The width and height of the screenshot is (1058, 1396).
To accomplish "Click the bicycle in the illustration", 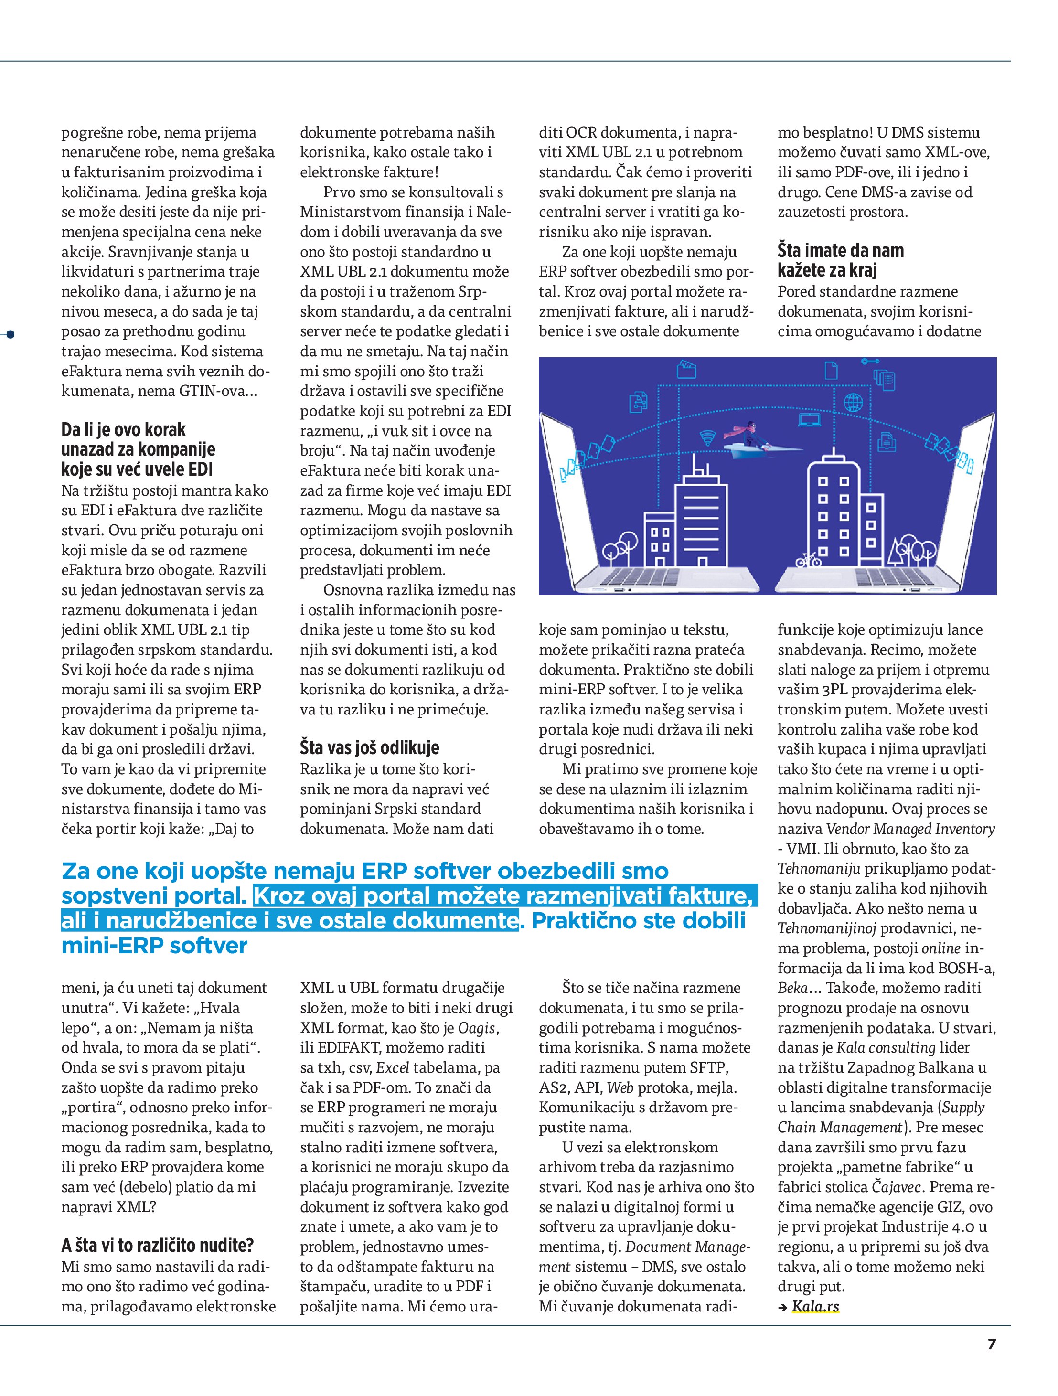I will [808, 559].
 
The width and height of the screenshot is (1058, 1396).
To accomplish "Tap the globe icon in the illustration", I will [853, 401].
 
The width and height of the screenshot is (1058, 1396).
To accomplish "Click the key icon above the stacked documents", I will [870, 361].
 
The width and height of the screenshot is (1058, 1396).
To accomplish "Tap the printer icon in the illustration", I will [887, 442].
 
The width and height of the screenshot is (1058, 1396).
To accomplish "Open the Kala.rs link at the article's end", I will [816, 1306].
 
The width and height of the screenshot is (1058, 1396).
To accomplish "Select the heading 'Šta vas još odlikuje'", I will [369, 748].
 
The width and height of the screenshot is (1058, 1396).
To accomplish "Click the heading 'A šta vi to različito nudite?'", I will [157, 1245].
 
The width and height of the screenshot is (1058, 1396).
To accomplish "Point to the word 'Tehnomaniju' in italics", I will [819, 869].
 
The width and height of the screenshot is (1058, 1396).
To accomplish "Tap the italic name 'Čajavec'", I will [897, 1187].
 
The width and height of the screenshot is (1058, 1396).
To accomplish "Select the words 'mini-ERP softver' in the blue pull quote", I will [155, 946].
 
